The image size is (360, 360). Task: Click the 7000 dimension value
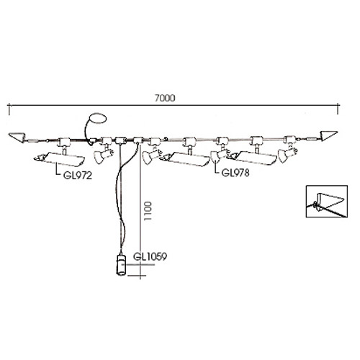tap(165, 98)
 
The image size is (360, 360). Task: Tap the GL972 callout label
tap(78, 176)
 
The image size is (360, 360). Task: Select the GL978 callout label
tap(235, 173)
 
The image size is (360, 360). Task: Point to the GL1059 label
tap(150, 257)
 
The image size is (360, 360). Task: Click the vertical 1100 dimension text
tap(148, 211)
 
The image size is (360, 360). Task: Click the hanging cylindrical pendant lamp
tap(121, 265)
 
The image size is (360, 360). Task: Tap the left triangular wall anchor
tap(17, 137)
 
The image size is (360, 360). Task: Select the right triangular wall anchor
tap(329, 136)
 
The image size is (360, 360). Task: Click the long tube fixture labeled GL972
tap(59, 159)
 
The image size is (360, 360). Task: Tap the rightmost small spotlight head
tap(287, 153)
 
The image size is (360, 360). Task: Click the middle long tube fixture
tap(185, 159)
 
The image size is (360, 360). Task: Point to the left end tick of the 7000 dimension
tap(9, 109)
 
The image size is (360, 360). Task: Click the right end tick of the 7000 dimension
tap(338, 109)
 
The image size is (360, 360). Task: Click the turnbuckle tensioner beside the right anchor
tap(311, 138)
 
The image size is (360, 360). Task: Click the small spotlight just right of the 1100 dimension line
tap(152, 156)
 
